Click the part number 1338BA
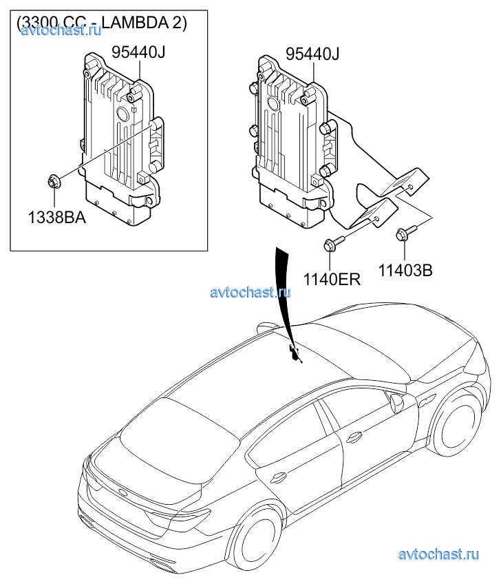[x=56, y=218]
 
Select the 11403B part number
[x=405, y=271]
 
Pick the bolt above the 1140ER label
[x=331, y=244]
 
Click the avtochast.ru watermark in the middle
[x=250, y=291]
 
